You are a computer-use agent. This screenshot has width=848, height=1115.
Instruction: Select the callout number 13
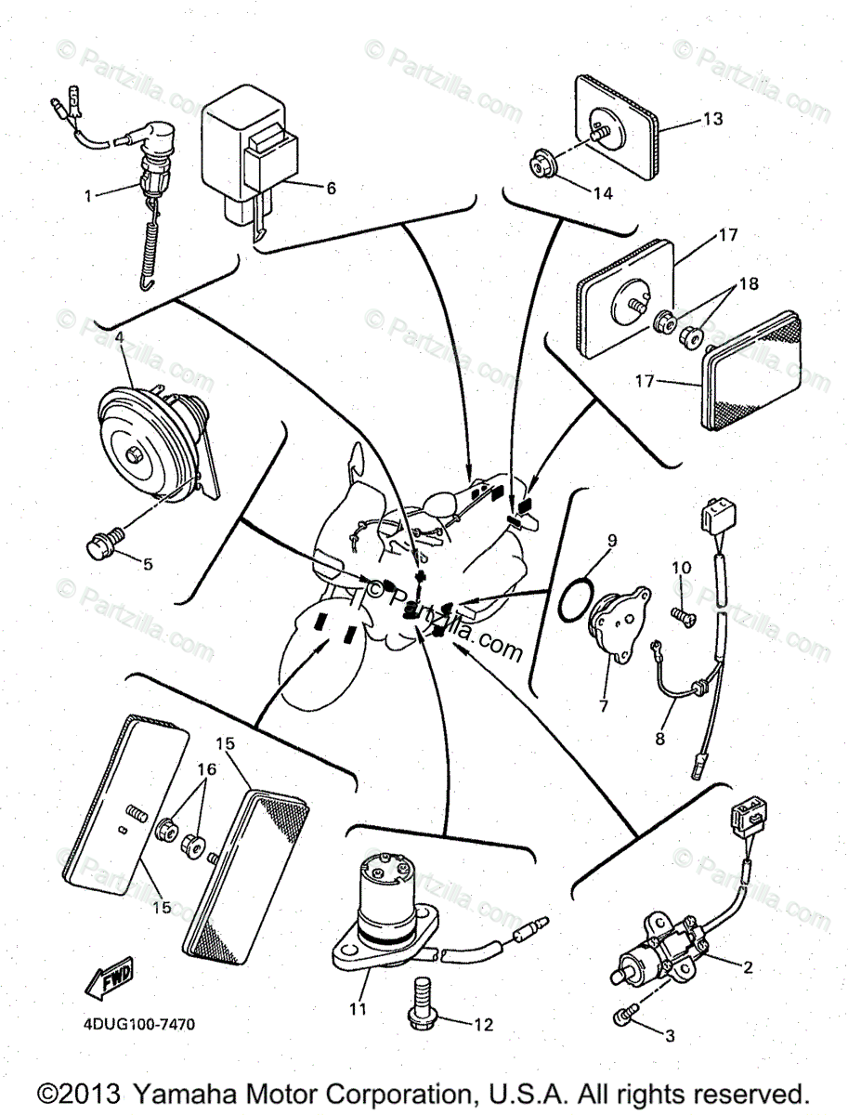(x=711, y=119)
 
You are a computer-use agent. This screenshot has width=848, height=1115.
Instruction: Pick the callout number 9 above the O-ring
(x=612, y=539)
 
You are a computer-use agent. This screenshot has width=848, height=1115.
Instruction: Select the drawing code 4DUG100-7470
(x=137, y=1024)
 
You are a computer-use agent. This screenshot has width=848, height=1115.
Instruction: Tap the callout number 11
(x=358, y=1008)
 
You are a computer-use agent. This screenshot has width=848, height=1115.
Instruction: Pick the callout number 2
(x=746, y=966)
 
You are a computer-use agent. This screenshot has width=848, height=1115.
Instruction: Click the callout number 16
(x=206, y=769)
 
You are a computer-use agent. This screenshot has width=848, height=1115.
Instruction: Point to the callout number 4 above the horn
(x=119, y=337)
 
